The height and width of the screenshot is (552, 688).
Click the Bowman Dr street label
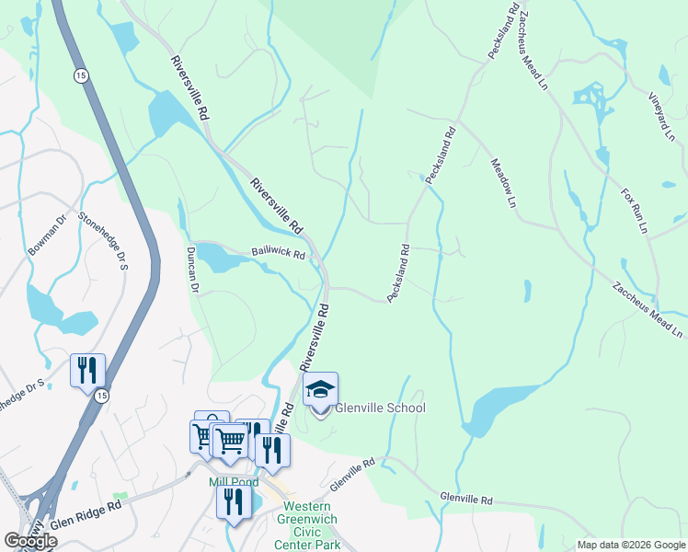pyautogui.click(x=48, y=235)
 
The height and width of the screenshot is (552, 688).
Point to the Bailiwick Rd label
pyautogui.click(x=278, y=253)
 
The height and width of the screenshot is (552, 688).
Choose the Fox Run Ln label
pyautogui.click(x=635, y=210)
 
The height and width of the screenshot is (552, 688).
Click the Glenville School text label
pyautogui.click(x=380, y=408)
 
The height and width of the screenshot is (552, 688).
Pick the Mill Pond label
pyautogui.click(x=232, y=481)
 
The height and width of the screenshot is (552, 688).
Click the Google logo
pyautogui.click(x=30, y=541)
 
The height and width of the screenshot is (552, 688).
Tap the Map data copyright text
pyautogui.click(x=630, y=545)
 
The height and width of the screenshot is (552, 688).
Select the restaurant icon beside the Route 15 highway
pyautogui.click(x=87, y=371)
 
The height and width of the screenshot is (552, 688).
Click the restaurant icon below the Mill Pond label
pyautogui.click(x=234, y=502)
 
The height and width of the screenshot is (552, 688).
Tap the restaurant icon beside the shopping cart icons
pyautogui.click(x=272, y=450)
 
